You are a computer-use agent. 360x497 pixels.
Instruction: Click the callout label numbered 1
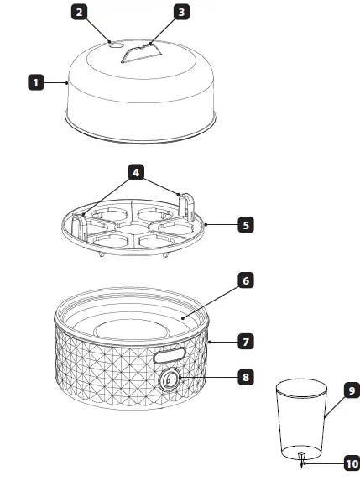(36, 82)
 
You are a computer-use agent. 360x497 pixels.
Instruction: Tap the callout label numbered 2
(78, 12)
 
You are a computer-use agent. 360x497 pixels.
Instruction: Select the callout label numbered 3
(180, 12)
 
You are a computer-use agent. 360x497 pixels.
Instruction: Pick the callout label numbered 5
(244, 225)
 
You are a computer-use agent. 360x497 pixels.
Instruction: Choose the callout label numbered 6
(244, 280)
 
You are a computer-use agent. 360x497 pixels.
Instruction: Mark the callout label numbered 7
(244, 342)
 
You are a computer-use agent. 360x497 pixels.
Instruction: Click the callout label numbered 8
(244, 377)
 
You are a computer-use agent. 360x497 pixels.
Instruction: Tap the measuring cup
(301, 416)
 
